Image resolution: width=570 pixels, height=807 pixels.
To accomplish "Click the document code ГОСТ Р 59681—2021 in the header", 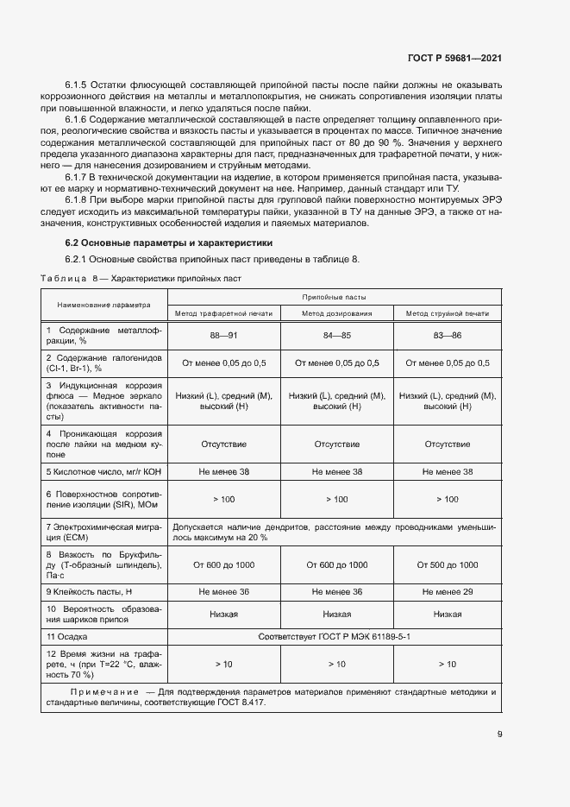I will pos(454,59).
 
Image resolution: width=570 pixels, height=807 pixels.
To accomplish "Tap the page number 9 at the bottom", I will pos(499,734).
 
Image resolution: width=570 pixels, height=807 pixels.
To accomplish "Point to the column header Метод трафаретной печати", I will pos(223,313).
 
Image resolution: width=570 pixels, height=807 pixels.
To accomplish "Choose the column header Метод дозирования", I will pos(336,313).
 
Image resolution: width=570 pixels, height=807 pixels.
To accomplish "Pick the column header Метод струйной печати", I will pos(447,313).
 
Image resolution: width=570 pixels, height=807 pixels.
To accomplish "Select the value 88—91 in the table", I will pos(223,336).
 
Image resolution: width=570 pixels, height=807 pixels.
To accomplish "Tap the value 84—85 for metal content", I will pos(336,336).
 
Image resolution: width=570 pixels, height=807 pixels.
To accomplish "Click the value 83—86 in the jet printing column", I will pos(447,336).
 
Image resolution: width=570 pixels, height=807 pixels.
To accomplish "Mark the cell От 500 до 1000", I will pos(447,564).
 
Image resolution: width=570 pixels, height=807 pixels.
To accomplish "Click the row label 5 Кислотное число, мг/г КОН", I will pos(103,472).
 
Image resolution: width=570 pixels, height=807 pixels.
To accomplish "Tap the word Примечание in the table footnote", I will pos(104,691).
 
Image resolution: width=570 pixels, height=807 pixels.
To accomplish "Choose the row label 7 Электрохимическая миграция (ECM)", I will pos(103,531).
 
